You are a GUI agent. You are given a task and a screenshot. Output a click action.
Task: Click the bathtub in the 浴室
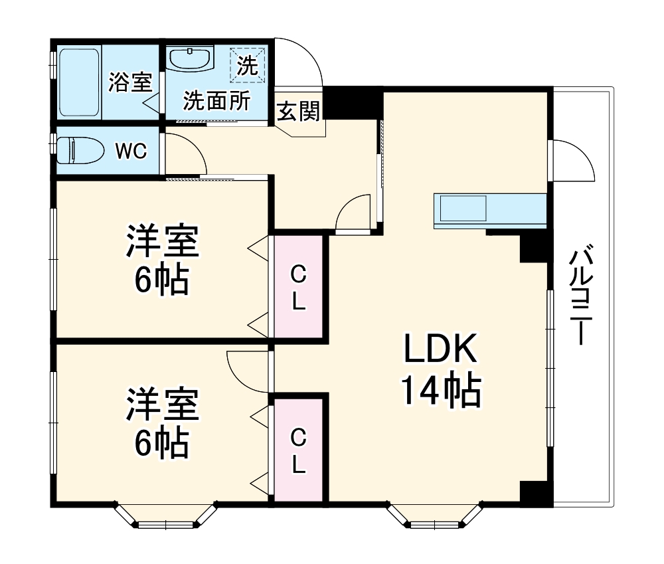(x=80, y=82)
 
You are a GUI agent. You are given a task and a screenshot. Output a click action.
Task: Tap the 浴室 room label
(x=131, y=82)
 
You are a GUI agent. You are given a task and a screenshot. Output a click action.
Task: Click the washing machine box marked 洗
(x=247, y=66)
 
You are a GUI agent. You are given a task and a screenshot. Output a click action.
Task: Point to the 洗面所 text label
(x=217, y=101)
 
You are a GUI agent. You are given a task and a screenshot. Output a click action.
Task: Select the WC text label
(x=131, y=151)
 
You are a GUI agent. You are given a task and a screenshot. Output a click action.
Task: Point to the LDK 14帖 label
(x=440, y=370)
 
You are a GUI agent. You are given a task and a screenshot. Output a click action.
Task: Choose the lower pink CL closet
(x=299, y=450)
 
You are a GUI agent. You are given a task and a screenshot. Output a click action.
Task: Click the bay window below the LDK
(x=434, y=517)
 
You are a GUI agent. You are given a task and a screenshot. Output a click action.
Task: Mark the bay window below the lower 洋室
(x=166, y=517)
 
